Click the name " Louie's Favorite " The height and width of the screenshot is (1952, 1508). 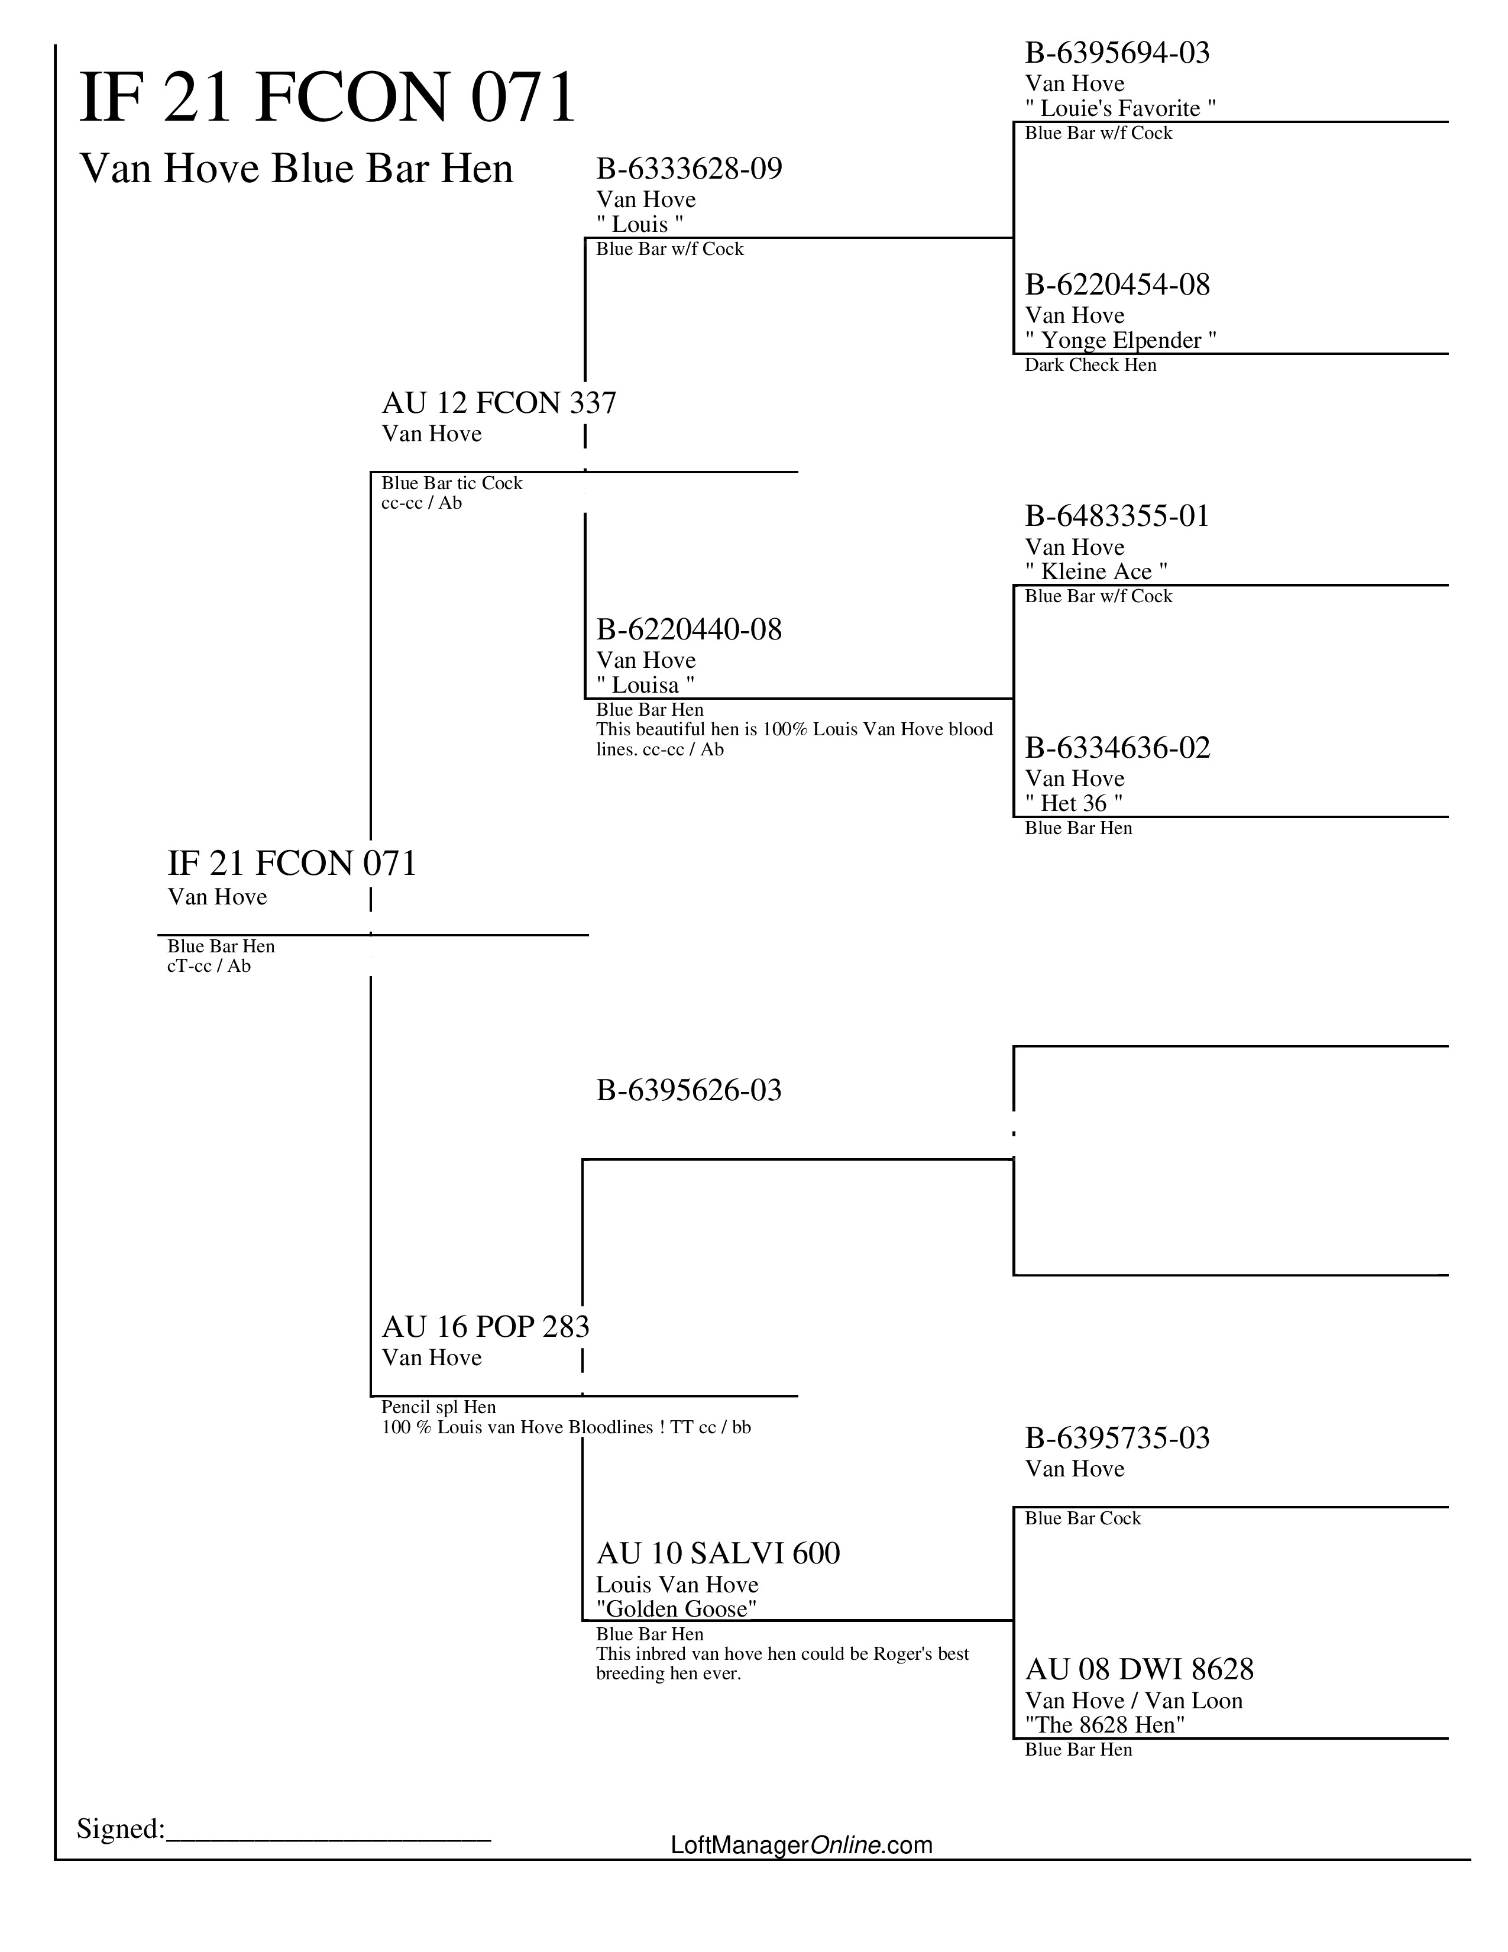coord(1120,108)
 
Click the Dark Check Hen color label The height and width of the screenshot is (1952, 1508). coord(1090,364)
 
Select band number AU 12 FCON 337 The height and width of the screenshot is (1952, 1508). coord(499,403)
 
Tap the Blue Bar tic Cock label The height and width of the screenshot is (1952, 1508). coord(451,483)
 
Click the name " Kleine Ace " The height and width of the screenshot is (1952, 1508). coord(1096,571)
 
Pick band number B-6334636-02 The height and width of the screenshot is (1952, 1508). coord(1117,747)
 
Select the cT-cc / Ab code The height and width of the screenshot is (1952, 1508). coord(208,965)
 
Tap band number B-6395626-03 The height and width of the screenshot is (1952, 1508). coord(689,1090)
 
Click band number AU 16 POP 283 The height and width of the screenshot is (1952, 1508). coord(485,1326)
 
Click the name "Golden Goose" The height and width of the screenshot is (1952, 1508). coord(677,1609)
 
